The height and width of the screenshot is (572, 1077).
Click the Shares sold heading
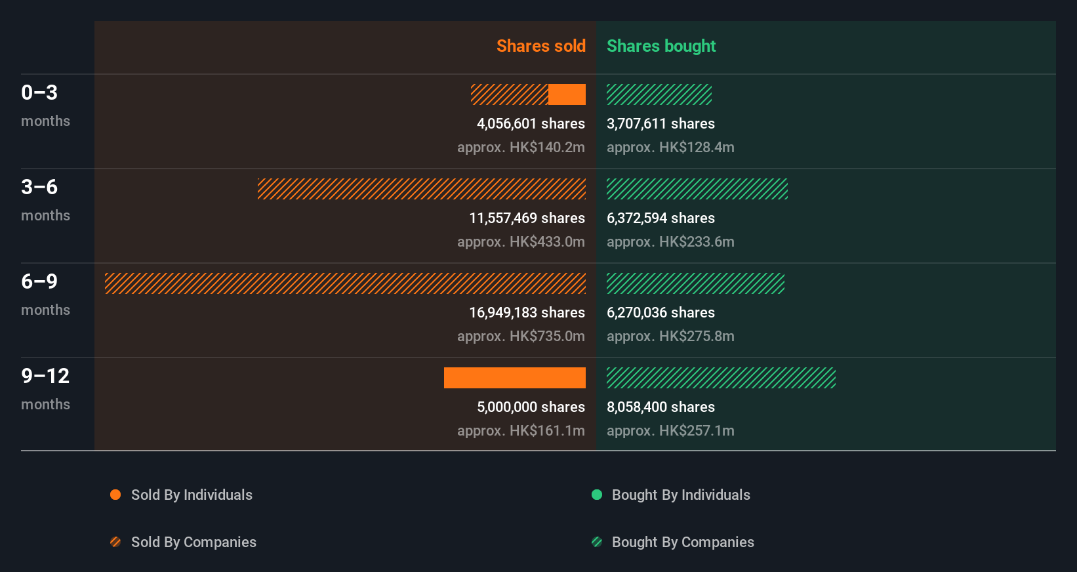pyautogui.click(x=540, y=46)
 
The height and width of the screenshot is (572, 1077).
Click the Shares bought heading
pyautogui.click(x=660, y=46)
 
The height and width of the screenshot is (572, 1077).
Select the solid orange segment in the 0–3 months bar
pyautogui.click(x=567, y=94)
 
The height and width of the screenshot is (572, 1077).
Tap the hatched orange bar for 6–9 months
pyautogui.click(x=345, y=283)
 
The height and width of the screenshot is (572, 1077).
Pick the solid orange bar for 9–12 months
pyautogui.click(x=514, y=378)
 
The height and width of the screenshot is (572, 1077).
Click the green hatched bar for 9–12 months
pyautogui.click(x=721, y=378)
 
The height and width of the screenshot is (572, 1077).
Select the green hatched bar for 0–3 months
pyautogui.click(x=659, y=94)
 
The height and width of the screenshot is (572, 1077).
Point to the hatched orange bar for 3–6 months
pyautogui.click(x=421, y=189)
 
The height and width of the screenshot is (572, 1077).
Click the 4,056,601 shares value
pyautogui.click(x=531, y=123)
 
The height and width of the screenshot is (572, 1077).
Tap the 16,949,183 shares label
pyautogui.click(x=527, y=312)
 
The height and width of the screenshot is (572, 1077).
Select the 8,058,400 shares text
pyautogui.click(x=660, y=407)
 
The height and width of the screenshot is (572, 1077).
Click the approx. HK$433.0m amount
pyautogui.click(x=521, y=241)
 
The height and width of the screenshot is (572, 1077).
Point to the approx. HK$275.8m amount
pyautogui.click(x=670, y=336)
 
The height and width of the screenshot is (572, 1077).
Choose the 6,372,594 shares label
pyautogui.click(x=660, y=218)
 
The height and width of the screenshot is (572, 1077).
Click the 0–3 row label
pyautogui.click(x=39, y=92)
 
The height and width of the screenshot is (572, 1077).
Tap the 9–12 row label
pyautogui.click(x=45, y=376)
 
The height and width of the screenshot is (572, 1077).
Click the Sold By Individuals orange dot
pyautogui.click(x=115, y=495)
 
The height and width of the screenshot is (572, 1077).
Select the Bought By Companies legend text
pyautogui.click(x=682, y=542)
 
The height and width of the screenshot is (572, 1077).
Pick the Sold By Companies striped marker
pyautogui.click(x=115, y=542)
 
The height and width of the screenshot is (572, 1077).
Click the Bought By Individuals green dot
pyautogui.click(x=597, y=495)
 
